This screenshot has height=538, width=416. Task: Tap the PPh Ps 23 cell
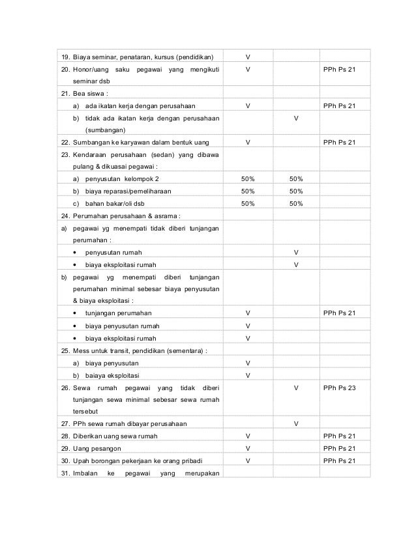339,388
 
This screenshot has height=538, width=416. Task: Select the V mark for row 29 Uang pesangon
248,449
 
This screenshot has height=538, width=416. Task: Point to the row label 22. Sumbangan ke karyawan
138,142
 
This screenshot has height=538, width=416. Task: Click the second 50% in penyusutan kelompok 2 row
296,178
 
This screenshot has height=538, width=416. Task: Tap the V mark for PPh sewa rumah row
296,424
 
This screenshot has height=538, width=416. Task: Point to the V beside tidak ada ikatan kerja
296,118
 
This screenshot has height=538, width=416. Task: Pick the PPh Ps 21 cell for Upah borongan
339,460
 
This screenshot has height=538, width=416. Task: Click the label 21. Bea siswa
82,93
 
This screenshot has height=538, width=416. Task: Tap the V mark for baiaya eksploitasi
248,375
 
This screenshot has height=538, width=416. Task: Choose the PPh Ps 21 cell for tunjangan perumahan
339,313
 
